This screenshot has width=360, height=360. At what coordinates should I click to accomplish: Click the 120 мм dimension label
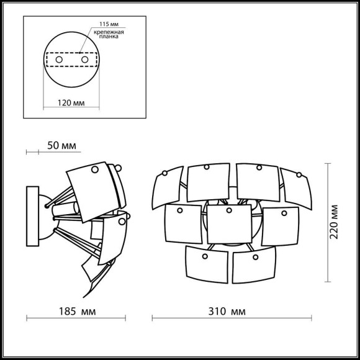point(71,103)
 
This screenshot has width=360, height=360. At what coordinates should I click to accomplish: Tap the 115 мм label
point(109,24)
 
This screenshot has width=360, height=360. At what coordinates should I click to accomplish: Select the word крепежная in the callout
point(109,32)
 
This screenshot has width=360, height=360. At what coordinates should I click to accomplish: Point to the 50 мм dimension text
point(61,146)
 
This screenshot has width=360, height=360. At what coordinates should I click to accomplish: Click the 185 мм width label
point(77,312)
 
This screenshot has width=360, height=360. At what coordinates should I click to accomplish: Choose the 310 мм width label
point(227,312)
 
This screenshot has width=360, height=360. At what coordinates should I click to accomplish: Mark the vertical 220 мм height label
point(333,222)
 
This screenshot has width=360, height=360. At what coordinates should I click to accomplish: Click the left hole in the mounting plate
point(59,60)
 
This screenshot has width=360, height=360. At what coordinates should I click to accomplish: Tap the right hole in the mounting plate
point(84,60)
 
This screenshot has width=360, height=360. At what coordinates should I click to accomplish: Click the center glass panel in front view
point(229,224)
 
